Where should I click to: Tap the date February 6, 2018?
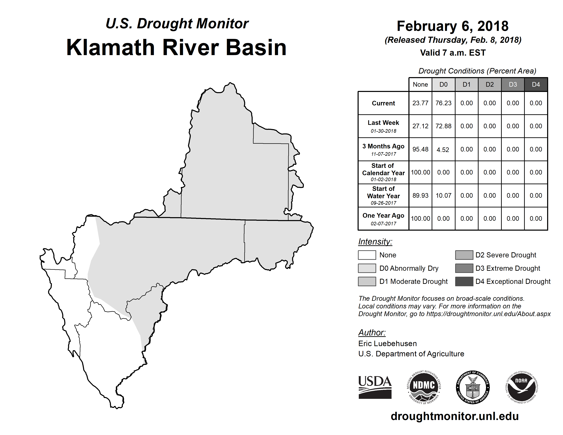pos(453,26)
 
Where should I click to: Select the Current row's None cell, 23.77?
pos(420,103)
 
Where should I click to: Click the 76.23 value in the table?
pos(443,103)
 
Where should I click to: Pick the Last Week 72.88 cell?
pos(443,126)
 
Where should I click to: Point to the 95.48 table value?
pos(420,149)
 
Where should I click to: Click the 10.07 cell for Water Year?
pos(443,195)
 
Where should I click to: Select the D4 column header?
pos(536,84)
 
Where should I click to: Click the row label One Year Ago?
pos(383,215)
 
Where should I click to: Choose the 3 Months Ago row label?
pos(383,146)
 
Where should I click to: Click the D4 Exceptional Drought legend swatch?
pos(464,281)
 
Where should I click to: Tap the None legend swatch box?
pos(367,255)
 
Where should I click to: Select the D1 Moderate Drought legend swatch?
pos(367,281)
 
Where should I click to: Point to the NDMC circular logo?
pos(424,387)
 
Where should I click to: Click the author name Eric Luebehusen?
pos(387,344)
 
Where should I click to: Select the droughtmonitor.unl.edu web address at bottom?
pos(455,416)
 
